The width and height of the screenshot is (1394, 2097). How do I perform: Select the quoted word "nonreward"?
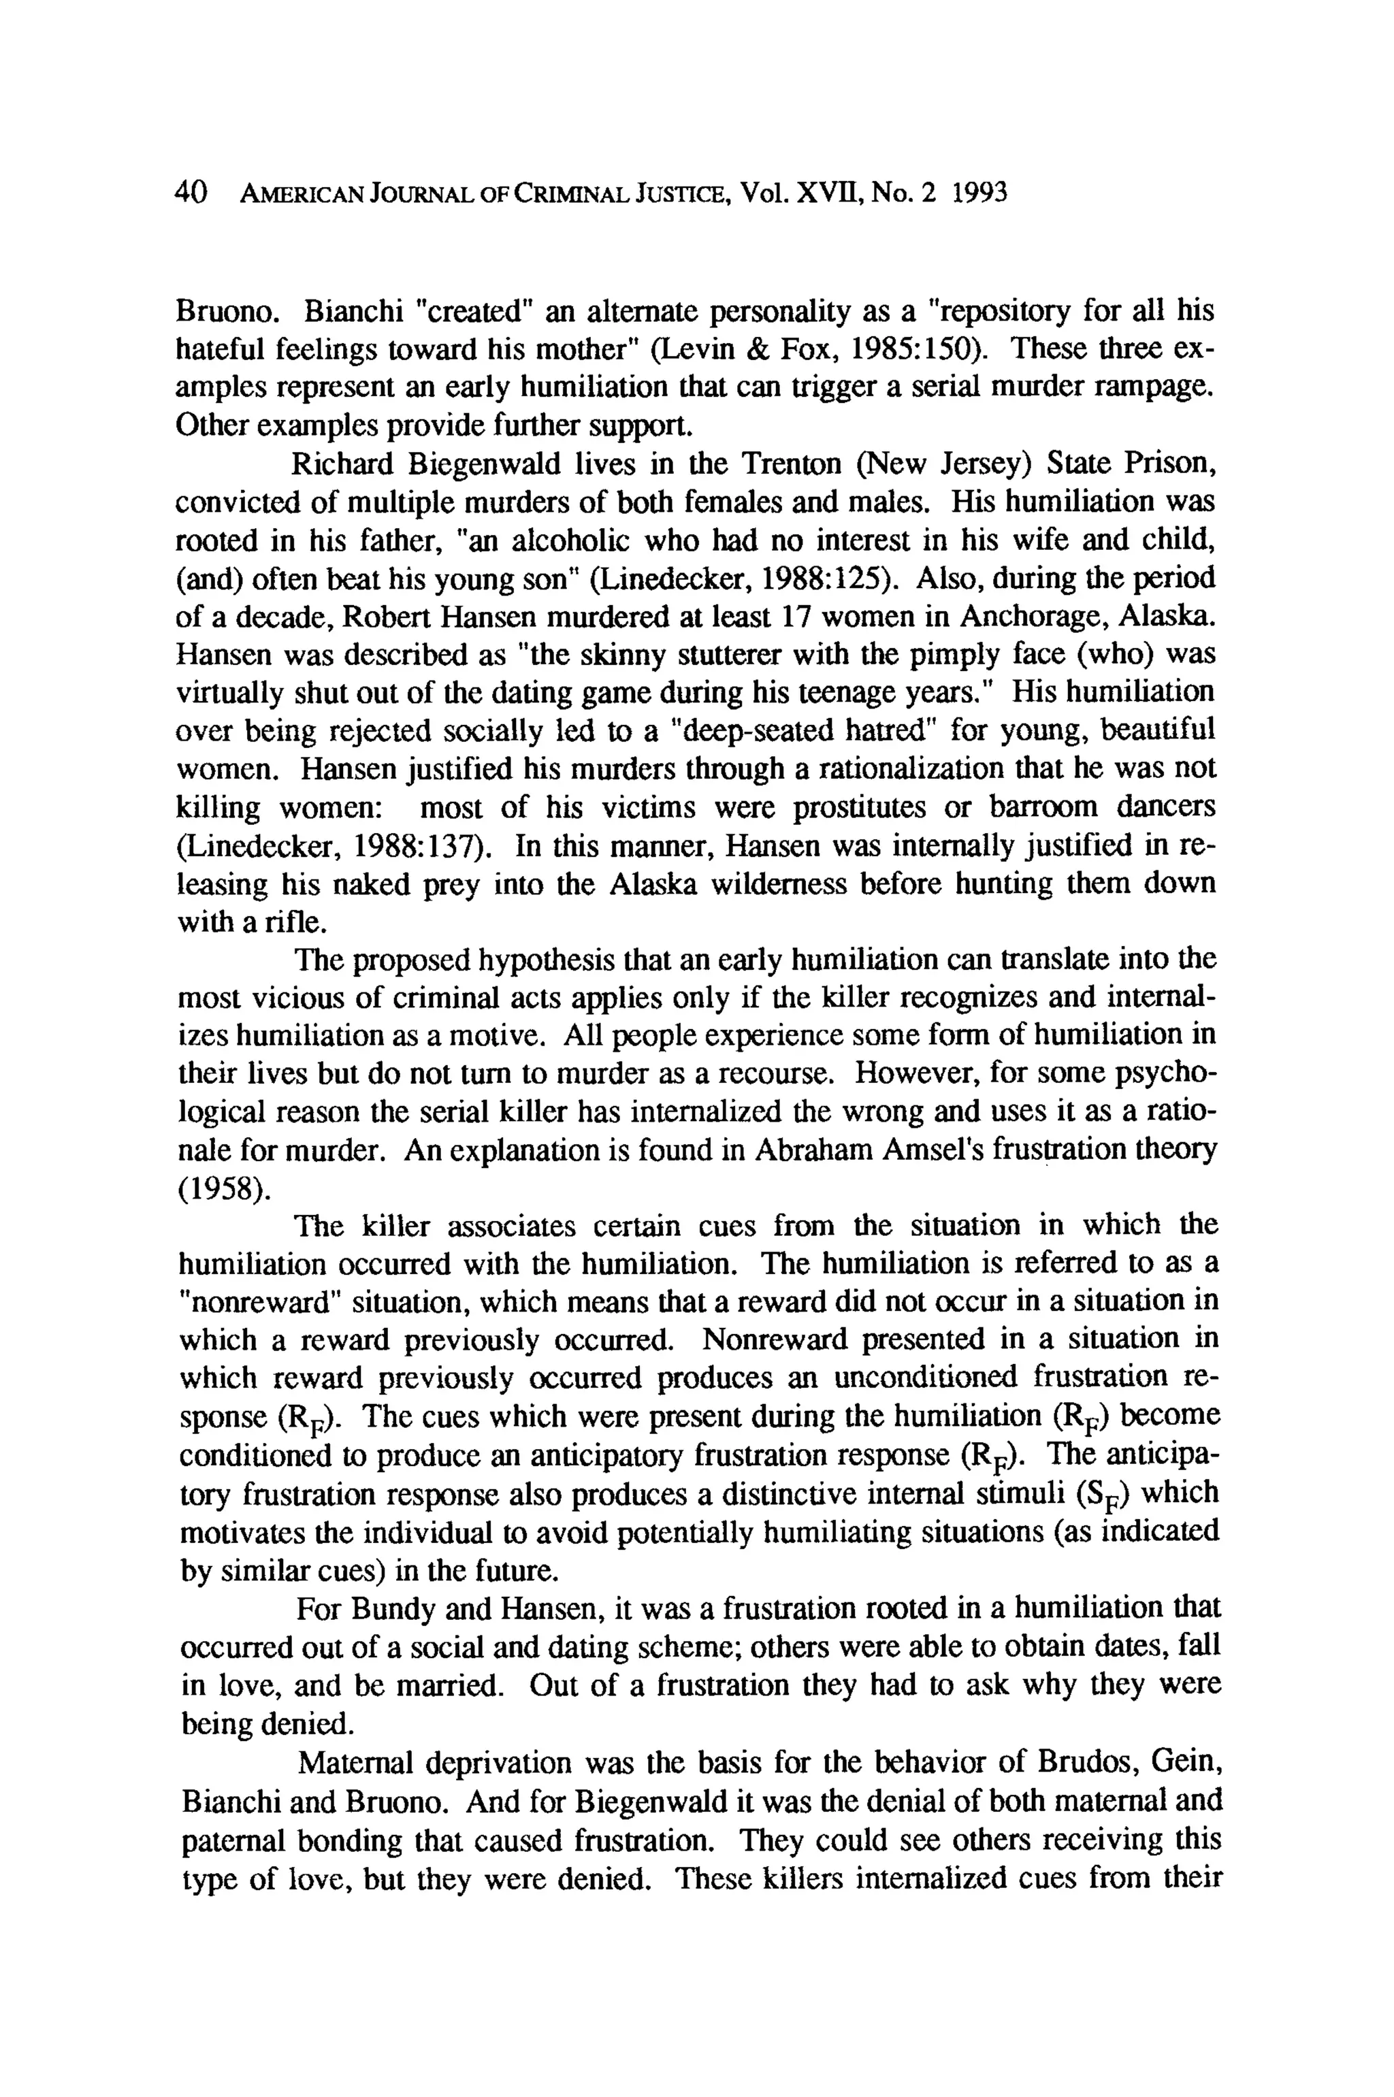[259, 1303]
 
